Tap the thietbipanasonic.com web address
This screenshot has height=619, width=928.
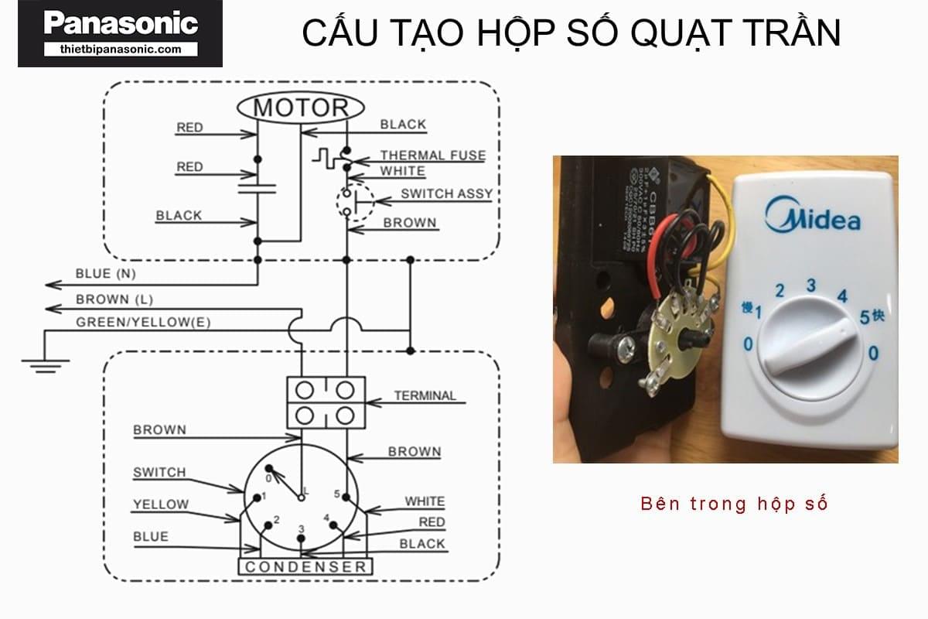120,49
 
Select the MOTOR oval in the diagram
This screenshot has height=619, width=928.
302,108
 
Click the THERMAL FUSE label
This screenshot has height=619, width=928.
432,155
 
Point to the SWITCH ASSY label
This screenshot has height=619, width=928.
446,193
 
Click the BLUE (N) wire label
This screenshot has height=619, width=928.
105,274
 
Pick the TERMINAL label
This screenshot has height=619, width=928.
425,395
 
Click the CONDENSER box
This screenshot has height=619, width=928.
305,567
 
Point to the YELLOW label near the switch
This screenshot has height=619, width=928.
160,504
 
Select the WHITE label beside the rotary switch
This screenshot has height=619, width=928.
425,501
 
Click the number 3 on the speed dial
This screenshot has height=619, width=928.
810,285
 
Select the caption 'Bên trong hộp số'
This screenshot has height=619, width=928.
734,504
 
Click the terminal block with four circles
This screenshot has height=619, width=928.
326,402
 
